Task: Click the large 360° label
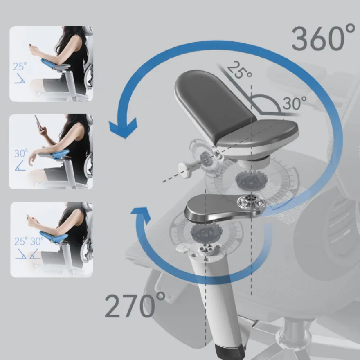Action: [323, 38]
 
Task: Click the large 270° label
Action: [135, 305]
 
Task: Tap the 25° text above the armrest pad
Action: [239, 70]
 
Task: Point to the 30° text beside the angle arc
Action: [295, 103]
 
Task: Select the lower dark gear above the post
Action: [206, 233]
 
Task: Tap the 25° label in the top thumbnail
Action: [20, 67]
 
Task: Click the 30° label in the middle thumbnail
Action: [21, 153]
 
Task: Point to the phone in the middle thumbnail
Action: [38, 122]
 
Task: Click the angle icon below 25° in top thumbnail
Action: [20, 79]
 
